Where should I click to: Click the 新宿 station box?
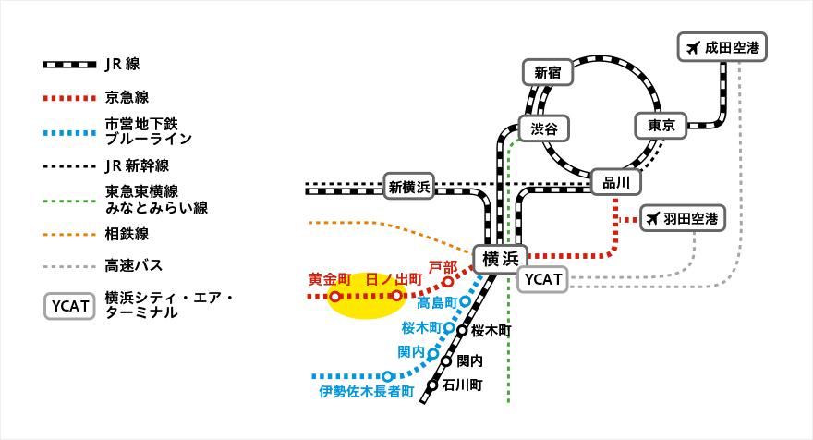(548, 72)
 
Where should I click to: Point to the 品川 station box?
(616, 182)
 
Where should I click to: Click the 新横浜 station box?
(409, 187)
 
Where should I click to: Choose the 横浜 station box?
(500, 258)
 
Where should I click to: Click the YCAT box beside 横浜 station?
(542, 279)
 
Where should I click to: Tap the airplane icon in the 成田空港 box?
(692, 47)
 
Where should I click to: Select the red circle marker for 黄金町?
(334, 297)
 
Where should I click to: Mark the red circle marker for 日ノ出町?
(396, 296)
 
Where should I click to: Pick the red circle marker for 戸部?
(448, 282)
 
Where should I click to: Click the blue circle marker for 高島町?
(465, 301)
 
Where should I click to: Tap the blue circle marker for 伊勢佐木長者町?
(388, 376)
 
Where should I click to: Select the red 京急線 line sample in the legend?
(69, 97)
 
